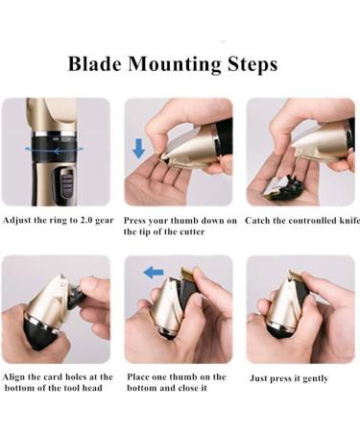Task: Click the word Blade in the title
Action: (95, 63)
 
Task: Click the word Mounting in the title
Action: (175, 65)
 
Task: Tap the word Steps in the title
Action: (252, 65)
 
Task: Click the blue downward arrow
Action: (138, 148)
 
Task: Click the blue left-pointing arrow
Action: (154, 273)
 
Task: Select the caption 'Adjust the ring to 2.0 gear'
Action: (59, 220)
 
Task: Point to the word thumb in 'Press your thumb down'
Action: (182, 221)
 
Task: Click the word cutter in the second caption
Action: (192, 231)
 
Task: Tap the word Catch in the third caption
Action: (255, 221)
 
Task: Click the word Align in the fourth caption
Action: (13, 377)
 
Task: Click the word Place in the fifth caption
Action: (137, 376)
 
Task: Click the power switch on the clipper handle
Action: (66, 182)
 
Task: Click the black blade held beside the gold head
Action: (76, 297)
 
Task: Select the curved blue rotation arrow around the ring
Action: (54, 149)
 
